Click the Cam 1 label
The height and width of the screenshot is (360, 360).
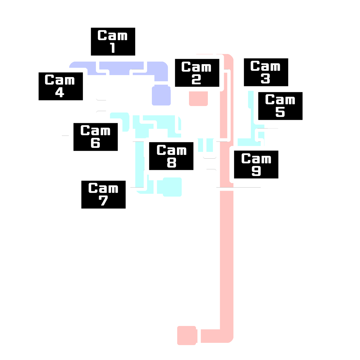(x=113, y=42)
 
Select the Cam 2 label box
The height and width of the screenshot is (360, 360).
(x=197, y=73)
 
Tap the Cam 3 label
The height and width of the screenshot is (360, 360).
(x=266, y=72)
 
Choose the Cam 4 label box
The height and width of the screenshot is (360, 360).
(x=60, y=86)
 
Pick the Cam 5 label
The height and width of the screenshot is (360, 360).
(x=280, y=106)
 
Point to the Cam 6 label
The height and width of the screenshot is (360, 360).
(x=95, y=137)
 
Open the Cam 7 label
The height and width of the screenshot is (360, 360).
(x=103, y=195)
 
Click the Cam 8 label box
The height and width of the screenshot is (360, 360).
(x=171, y=156)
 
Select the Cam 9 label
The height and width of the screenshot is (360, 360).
(x=256, y=165)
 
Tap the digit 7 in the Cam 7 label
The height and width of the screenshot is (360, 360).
(x=103, y=201)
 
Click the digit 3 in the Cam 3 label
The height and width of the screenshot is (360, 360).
(x=265, y=78)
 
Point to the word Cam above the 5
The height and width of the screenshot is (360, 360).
(x=280, y=100)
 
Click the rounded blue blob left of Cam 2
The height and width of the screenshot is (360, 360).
(x=160, y=97)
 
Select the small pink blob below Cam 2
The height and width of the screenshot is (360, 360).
(x=198, y=102)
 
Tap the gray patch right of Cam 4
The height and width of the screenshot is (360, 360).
(x=98, y=105)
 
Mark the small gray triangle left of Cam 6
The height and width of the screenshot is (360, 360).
(x=65, y=134)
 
